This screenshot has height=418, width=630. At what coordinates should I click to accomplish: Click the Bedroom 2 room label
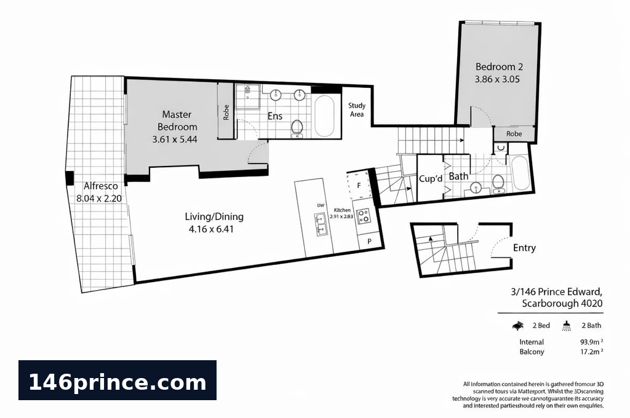coord(499,66)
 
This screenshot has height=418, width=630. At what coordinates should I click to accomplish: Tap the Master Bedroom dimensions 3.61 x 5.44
coord(175,140)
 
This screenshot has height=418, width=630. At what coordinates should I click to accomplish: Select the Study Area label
coord(357,109)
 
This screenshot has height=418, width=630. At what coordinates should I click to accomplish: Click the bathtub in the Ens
coord(324,116)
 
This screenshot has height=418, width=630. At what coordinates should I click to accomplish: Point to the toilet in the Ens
coord(297,128)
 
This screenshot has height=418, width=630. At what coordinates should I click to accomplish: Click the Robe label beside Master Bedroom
coord(226,112)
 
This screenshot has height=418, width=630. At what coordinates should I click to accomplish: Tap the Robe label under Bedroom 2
coord(514,134)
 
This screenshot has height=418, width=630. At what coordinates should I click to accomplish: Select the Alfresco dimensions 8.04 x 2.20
coord(99,199)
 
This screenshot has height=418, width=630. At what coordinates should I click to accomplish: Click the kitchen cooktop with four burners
coord(364,216)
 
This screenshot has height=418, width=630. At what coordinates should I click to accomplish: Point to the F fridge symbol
coord(359,186)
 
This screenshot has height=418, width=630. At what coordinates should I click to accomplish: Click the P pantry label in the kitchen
coord(369,242)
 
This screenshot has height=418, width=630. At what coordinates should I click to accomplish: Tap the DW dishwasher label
coord(321,205)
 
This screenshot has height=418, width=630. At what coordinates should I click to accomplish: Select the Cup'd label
coord(431,179)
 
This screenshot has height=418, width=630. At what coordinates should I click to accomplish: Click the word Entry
coord(524,248)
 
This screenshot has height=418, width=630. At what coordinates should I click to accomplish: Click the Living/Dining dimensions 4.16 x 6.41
coord(211,229)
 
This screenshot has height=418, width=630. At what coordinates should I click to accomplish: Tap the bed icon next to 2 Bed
coord(518,325)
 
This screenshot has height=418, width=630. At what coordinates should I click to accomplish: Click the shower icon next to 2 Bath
coord(567,326)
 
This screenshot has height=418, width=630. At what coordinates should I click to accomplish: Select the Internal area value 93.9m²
coord(591,342)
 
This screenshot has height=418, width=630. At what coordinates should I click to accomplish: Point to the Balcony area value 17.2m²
coord(591,352)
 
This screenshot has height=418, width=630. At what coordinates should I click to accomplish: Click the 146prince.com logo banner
coord(118,381)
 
